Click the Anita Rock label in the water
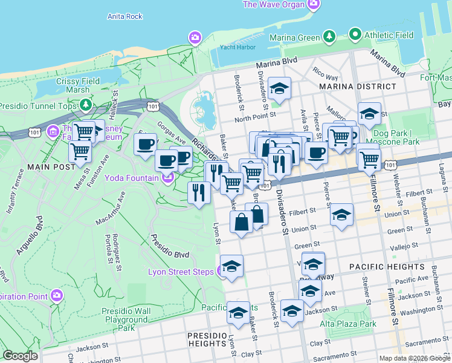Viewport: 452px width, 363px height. (124, 16)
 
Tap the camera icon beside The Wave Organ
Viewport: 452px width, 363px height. (313, 5)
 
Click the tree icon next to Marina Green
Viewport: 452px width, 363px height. (329, 37)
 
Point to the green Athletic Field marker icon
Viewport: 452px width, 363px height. (355, 35)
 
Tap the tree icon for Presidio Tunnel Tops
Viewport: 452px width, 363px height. (86, 106)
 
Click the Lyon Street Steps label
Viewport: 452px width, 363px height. (181, 271)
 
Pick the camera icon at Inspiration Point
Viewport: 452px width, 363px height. (57, 295)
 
